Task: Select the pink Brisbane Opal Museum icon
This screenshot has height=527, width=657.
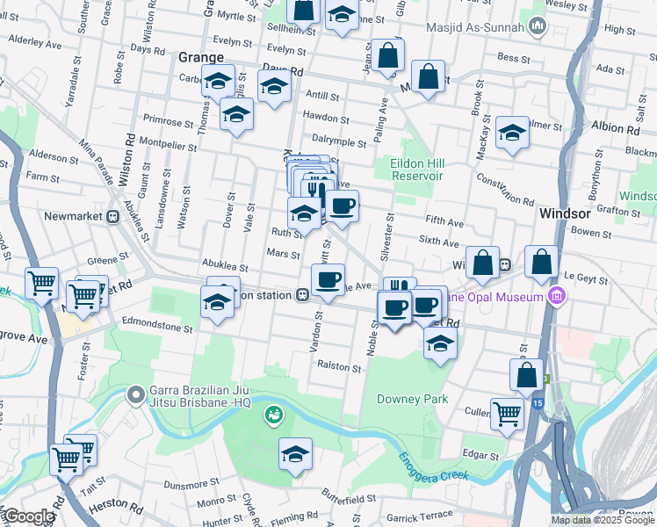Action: pyautogui.click(x=555, y=296)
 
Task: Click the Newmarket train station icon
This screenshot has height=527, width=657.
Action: pyautogui.click(x=113, y=216)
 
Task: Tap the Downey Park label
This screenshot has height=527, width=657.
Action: pyautogui.click(x=412, y=399)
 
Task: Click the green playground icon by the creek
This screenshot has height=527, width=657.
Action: pyautogui.click(x=274, y=413)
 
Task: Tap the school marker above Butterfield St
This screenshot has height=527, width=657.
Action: pyautogui.click(x=296, y=454)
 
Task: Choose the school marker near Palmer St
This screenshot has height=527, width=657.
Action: pyautogui.click(x=512, y=133)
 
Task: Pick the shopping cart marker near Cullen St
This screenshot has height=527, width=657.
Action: pyautogui.click(x=507, y=413)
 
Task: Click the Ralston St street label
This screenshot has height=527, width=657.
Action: pyautogui.click(x=339, y=366)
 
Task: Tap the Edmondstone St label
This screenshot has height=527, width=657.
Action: pyautogui.click(x=157, y=327)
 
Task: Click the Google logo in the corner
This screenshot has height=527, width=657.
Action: pyautogui.click(x=28, y=516)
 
